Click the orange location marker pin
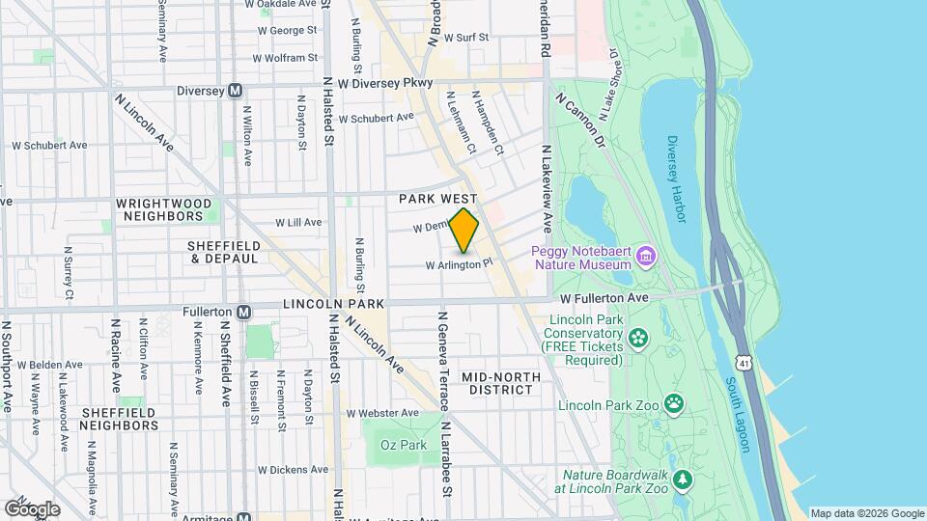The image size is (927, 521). point(464,231)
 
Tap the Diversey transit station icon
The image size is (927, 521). point(235,91)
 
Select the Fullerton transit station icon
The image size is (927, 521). point(244,312)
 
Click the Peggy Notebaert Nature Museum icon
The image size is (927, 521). point(646,257)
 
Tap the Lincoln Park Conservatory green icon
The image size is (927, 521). point(637,338)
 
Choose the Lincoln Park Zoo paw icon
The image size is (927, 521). point(673,402)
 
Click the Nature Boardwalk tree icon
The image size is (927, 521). point(683,480)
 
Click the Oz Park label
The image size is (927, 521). point(403,445)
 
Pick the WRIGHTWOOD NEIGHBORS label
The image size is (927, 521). point(162,209)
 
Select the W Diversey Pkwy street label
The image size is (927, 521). point(385,84)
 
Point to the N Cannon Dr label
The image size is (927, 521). point(579,121)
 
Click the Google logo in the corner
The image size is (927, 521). point(32,508)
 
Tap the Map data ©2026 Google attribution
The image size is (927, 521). point(865,513)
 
